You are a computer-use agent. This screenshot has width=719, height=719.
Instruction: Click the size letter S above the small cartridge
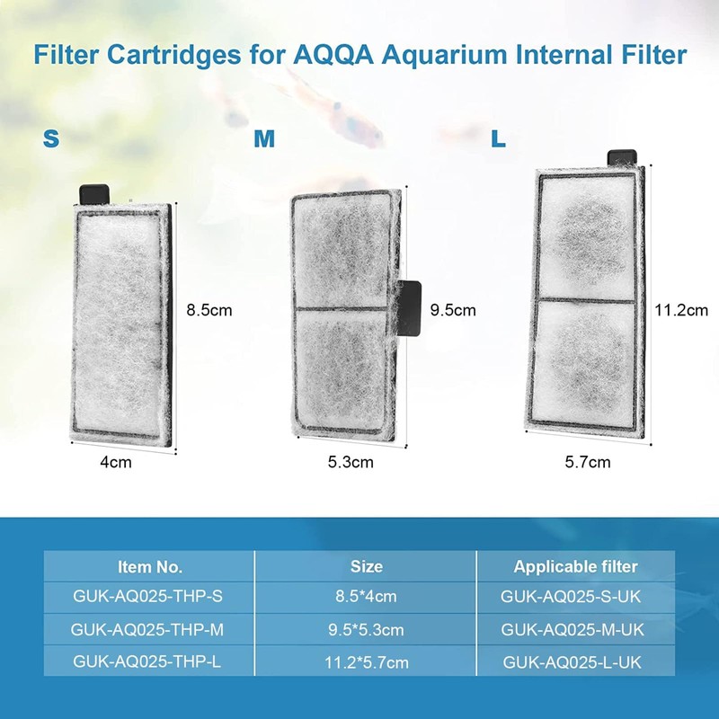pos(52,139)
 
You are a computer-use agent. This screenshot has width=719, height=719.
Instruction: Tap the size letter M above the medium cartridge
pos(264,139)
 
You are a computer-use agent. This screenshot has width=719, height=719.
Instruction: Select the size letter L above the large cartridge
pos(498,139)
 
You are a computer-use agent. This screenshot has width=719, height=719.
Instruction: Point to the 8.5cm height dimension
pos(209,310)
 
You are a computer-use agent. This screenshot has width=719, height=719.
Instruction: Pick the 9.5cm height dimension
pos(453,310)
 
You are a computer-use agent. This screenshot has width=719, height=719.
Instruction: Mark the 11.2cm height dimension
pos(681,310)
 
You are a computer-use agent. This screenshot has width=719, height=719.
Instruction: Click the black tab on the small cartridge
pos(94,193)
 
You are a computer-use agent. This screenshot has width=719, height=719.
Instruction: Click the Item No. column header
pos(150,567)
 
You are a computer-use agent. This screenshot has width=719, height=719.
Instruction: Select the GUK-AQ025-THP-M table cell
pos(150,629)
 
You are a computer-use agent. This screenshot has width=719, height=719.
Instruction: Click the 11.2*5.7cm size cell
pos(366,663)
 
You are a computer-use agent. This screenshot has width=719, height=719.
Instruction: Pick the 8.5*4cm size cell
pos(366,596)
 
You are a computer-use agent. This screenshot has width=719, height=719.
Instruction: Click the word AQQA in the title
pos(333,55)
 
